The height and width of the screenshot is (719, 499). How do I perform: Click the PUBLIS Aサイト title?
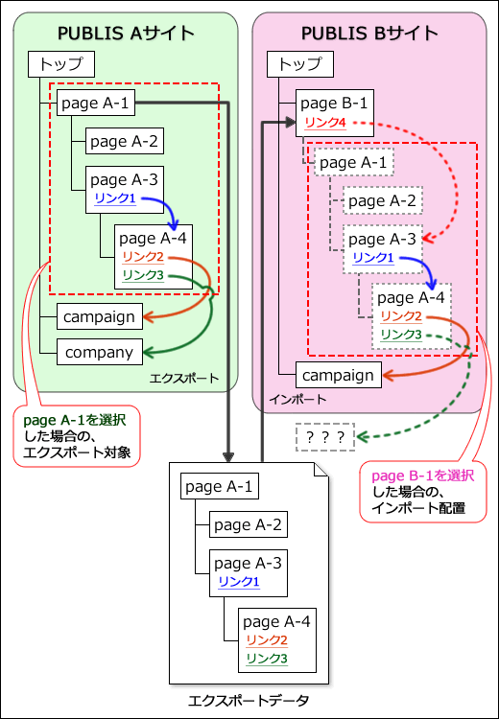[126, 34]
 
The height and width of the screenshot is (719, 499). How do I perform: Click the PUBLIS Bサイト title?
[369, 34]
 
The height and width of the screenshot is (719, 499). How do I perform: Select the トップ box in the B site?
[299, 64]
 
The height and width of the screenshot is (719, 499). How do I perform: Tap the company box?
[99, 352]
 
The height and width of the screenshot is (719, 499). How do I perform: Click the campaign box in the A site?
[100, 314]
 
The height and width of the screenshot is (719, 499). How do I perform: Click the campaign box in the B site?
[339, 375]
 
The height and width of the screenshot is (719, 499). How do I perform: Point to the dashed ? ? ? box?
[325, 436]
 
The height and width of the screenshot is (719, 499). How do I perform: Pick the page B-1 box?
[332, 104]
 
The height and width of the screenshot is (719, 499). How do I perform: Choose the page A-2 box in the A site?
[124, 142]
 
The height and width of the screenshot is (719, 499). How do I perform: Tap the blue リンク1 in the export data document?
[238, 582]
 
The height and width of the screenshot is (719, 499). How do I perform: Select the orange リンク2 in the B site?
[400, 315]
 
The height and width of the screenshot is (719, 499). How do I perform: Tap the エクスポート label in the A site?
[184, 380]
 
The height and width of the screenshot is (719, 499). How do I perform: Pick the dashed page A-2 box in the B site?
[382, 200]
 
